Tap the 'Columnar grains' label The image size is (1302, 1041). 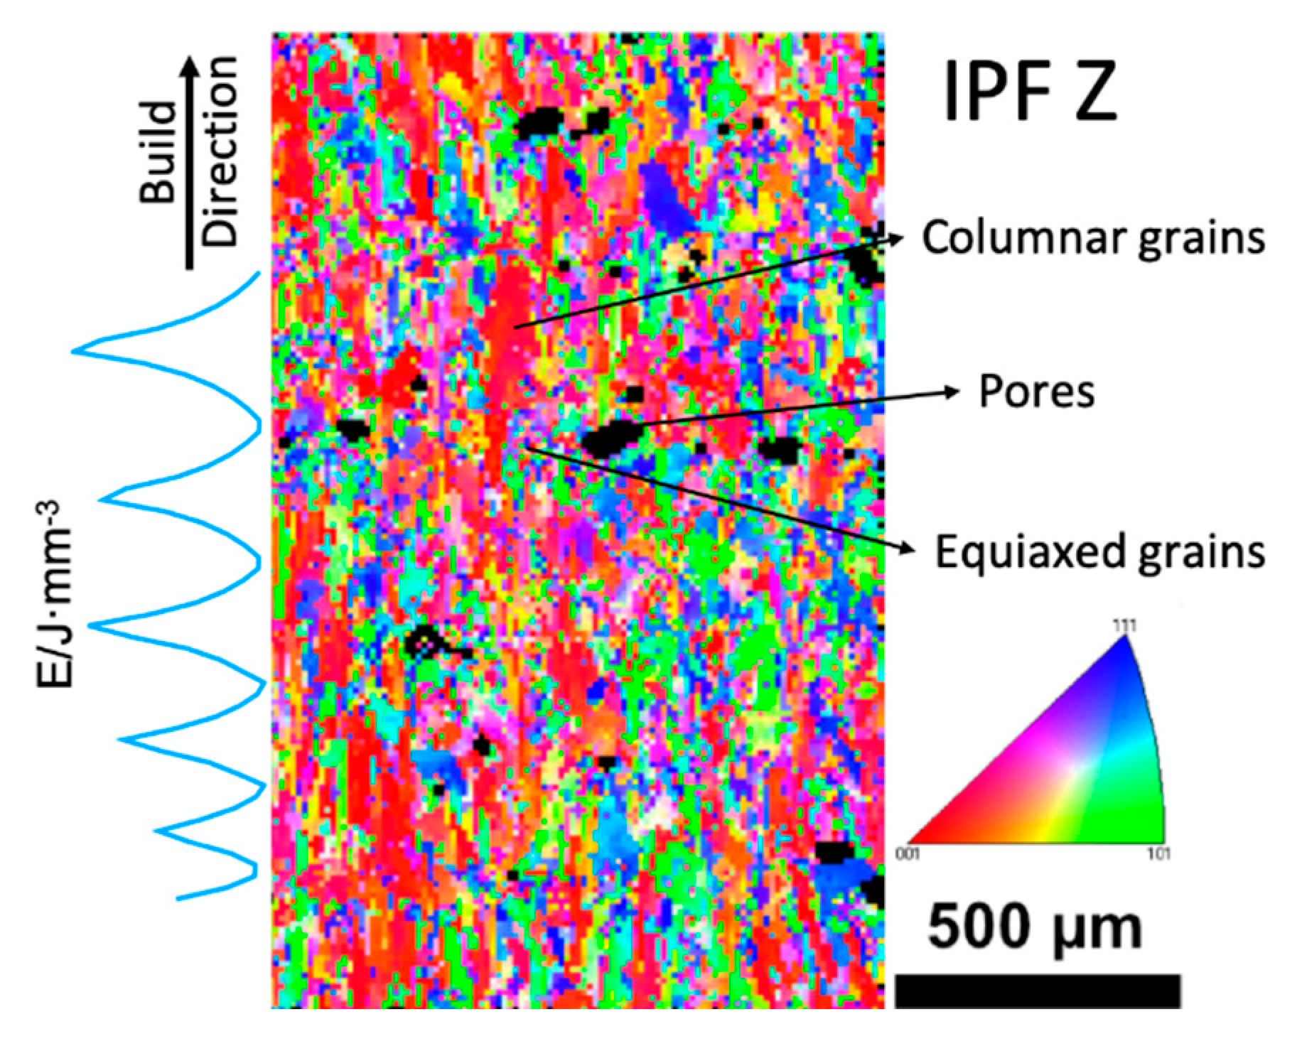1093,238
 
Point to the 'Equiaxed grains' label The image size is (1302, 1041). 1099,551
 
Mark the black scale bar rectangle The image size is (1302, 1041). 1037,991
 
